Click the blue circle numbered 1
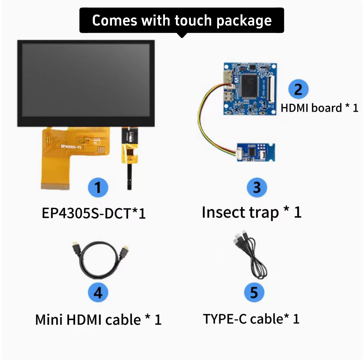[98, 187]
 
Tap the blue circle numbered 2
[298, 89]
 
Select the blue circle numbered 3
[257, 187]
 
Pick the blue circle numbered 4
[98, 292]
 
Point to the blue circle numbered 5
[254, 292]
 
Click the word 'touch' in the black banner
[193, 20]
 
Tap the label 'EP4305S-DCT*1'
[93, 213]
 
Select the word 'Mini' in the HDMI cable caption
[49, 320]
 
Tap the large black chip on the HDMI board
[250, 86]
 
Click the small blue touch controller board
[256, 152]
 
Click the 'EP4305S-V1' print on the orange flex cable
[71, 146]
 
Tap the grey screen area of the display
[86, 80]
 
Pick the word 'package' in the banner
[244, 21]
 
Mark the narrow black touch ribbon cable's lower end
[129, 188]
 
